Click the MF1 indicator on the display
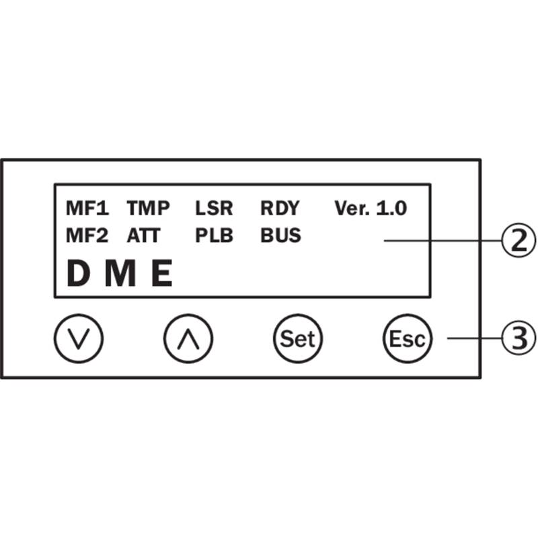87,208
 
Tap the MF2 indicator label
87,236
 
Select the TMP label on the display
148,208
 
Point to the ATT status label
143,236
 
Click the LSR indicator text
214,208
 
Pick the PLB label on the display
214,236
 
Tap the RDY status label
279,208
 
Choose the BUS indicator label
280,236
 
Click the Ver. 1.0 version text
371,208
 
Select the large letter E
161,274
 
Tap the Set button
297,338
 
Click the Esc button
407,338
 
